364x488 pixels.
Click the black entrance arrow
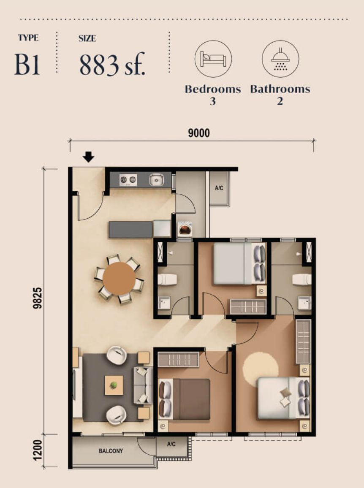pos(88,157)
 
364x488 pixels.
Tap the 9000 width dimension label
pos(198,133)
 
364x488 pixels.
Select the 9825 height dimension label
pos(38,298)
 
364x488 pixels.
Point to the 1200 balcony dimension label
pos(38,451)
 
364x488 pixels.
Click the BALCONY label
pos(111,451)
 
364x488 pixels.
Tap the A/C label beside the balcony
pos(171,444)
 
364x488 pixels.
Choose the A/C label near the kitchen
pos(219,188)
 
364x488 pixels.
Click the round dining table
pos(119,279)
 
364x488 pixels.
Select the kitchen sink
pos(156,180)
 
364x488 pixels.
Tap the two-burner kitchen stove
pos(128,180)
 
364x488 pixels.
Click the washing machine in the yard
pos(185,229)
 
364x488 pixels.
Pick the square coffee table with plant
pos(114,385)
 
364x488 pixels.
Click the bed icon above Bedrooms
pos(213,59)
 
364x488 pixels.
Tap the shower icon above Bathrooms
pos(280,59)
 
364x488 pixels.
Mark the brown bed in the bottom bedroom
pos(190,399)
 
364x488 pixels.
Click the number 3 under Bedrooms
pos(213,101)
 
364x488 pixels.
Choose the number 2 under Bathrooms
pos(280,101)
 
